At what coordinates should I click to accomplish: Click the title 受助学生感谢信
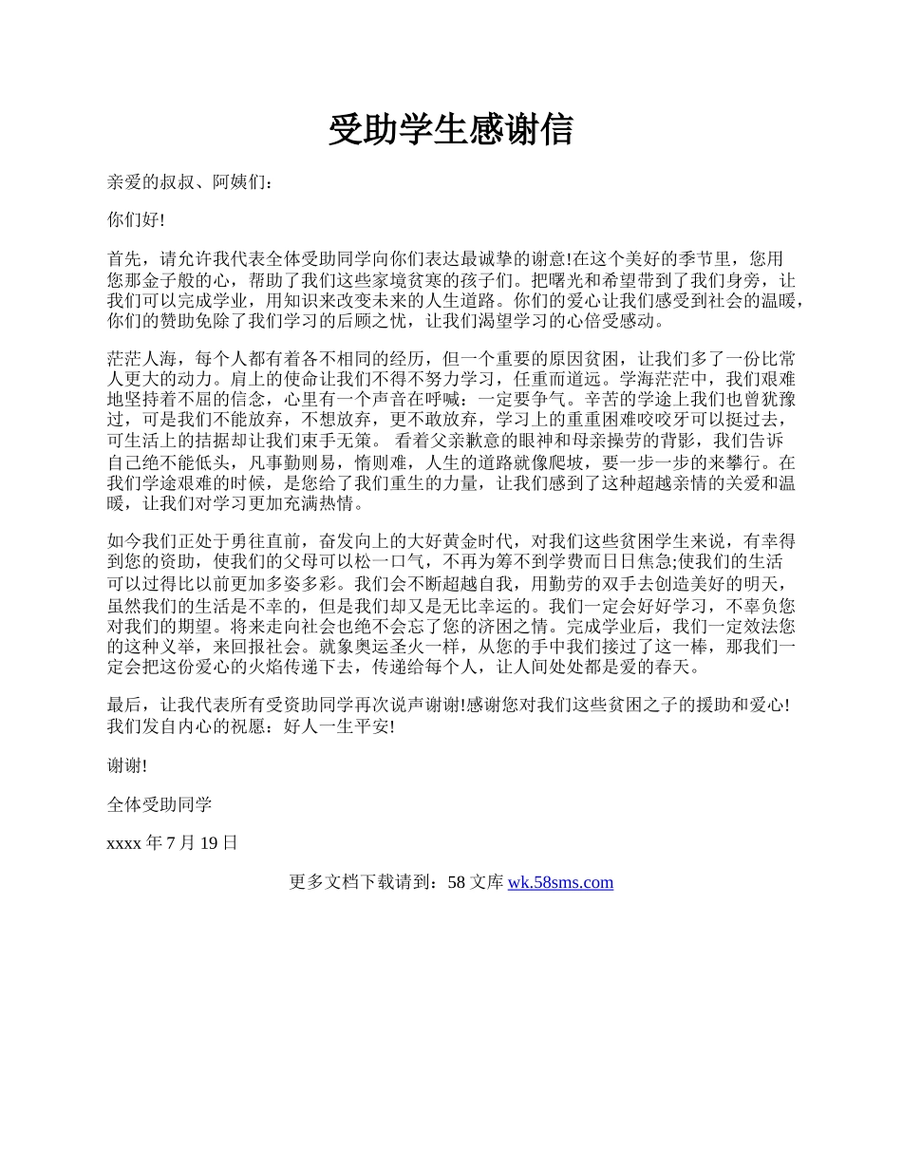pos(451,130)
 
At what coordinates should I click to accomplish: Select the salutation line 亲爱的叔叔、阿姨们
pos(189,180)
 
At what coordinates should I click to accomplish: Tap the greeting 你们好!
pos(137,220)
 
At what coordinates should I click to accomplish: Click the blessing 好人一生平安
pos(335,726)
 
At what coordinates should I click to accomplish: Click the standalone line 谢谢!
pos(127,766)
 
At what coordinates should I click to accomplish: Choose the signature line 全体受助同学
pos(160,805)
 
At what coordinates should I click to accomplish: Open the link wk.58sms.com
pos(560,883)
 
